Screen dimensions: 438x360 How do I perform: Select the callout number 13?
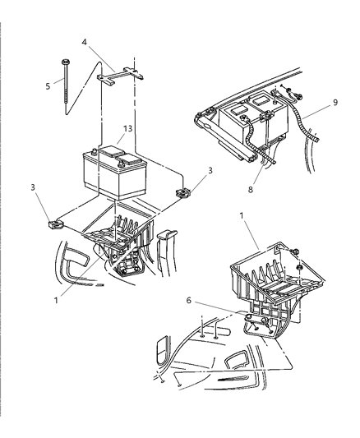(x=127, y=128)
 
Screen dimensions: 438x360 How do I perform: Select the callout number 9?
(x=335, y=104)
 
